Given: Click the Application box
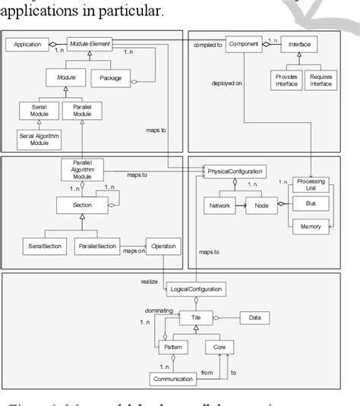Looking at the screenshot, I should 27,46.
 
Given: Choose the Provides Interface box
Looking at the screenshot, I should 286,79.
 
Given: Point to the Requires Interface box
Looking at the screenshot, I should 319,79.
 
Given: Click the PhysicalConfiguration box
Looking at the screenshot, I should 236,172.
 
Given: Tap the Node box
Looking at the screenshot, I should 261,205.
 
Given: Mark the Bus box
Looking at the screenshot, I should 311,203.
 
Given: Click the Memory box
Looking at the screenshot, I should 311,226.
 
